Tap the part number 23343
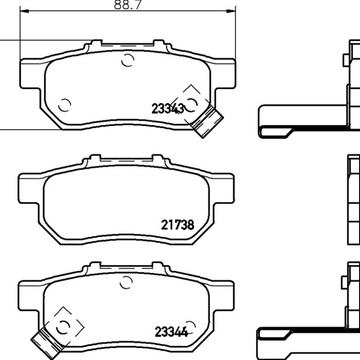(x=168, y=109)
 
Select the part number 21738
(x=177, y=225)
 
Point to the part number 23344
(x=171, y=332)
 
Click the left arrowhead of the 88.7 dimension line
(x=25, y=11)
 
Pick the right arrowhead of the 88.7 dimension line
(x=231, y=11)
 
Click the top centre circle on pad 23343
(x=127, y=60)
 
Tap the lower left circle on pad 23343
(x=64, y=106)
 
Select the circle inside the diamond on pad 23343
(x=191, y=105)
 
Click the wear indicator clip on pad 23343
(x=207, y=121)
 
